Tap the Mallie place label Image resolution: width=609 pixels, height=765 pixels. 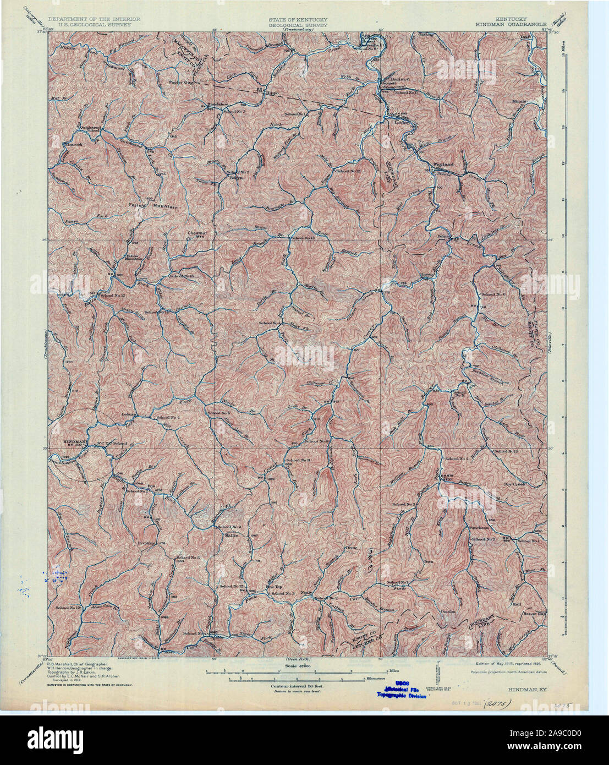(x=231, y=534)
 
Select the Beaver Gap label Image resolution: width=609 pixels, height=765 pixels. (x=534, y=613)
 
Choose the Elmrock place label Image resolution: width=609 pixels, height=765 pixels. (x=72, y=144)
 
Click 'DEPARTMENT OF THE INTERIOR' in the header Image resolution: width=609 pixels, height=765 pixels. (x=94, y=19)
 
